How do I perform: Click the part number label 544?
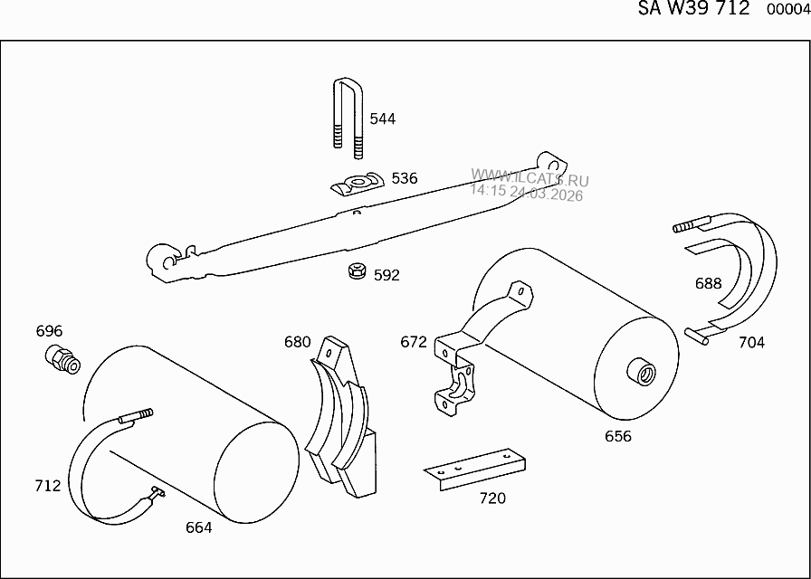point(383,119)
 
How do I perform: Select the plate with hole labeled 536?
point(356,184)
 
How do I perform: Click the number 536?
point(405,178)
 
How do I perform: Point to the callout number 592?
point(386,275)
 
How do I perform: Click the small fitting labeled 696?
point(62,360)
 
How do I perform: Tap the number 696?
point(49,331)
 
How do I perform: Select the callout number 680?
point(298,342)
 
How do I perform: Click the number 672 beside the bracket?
point(414,342)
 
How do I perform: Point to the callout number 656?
point(618,436)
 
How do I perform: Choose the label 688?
point(709,283)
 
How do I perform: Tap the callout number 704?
point(751,342)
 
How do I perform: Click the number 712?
point(47,486)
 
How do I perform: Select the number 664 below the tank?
point(198,527)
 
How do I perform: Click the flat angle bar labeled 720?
point(475,468)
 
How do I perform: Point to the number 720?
point(492,498)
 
